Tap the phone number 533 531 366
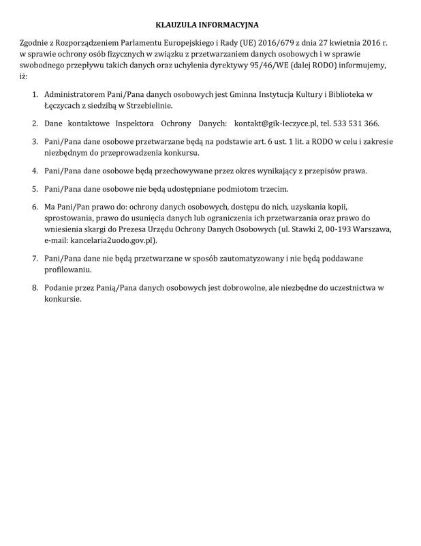(x=354, y=124)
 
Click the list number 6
(x=35, y=205)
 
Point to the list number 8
(x=35, y=287)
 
